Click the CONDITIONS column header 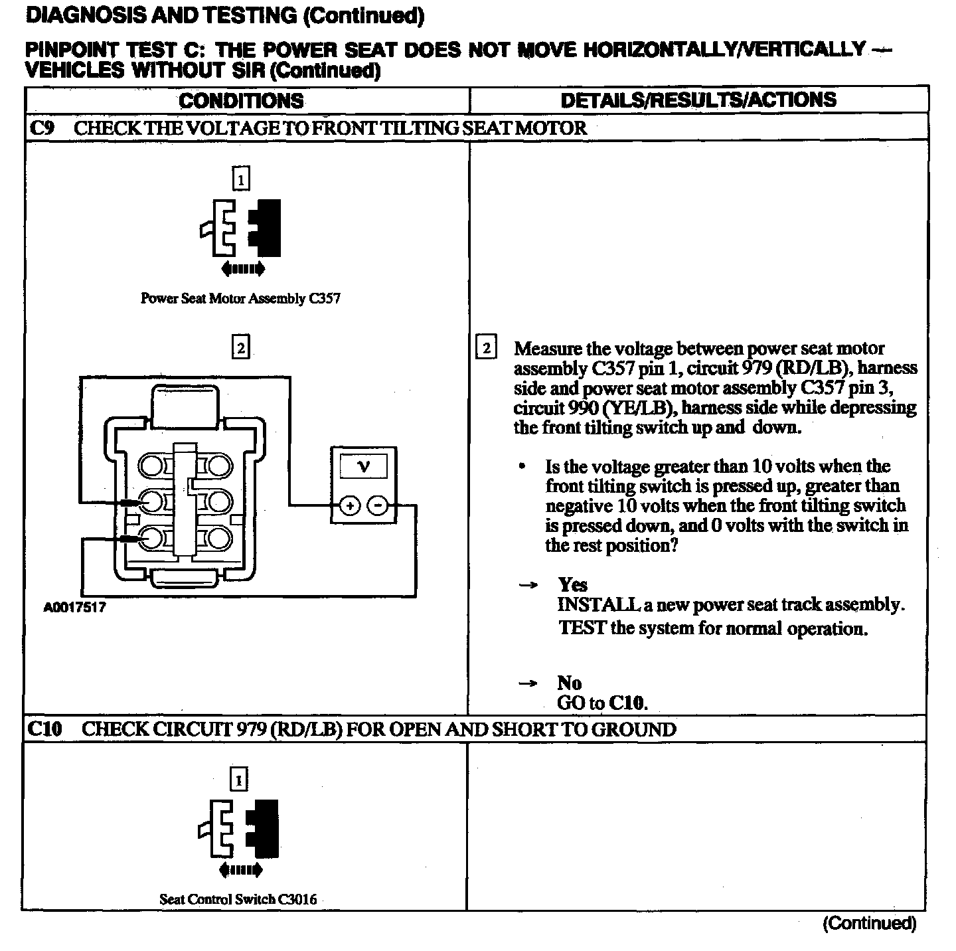pyautogui.click(x=241, y=101)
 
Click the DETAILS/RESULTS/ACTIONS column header pyautogui.click(x=698, y=100)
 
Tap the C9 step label pyautogui.click(x=42, y=128)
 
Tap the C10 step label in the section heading pyautogui.click(x=44, y=729)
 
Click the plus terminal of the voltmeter pyautogui.click(x=350, y=506)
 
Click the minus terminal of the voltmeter pyautogui.click(x=378, y=506)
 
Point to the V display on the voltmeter pyautogui.click(x=363, y=466)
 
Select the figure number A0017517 pyautogui.click(x=74, y=608)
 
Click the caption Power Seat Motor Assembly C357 pyautogui.click(x=240, y=299)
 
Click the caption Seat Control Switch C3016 pyautogui.click(x=238, y=899)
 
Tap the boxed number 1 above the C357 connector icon pyautogui.click(x=241, y=179)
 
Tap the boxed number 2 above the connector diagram pyautogui.click(x=240, y=347)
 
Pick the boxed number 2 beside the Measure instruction pyautogui.click(x=487, y=349)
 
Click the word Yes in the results pyautogui.click(x=573, y=585)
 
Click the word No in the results pyautogui.click(x=569, y=683)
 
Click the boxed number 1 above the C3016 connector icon pyautogui.click(x=238, y=779)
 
